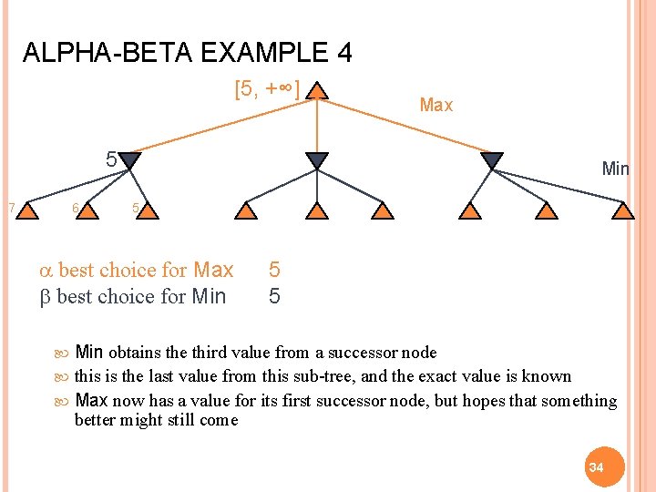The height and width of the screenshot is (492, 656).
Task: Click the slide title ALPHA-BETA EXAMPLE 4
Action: [187, 53]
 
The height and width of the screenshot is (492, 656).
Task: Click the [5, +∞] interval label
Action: [267, 91]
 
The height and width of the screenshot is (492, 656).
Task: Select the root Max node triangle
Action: [316, 91]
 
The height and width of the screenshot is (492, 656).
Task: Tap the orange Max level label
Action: [436, 106]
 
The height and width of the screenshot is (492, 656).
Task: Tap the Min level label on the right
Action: [615, 169]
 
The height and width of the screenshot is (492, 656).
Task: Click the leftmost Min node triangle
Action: [131, 161]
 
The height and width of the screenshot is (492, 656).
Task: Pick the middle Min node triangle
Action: [316, 161]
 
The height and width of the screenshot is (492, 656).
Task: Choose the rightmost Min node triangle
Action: [491, 161]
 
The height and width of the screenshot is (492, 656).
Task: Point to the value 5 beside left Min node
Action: [110, 160]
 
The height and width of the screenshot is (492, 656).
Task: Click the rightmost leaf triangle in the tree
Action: [622, 211]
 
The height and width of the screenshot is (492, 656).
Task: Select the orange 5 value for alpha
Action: [274, 271]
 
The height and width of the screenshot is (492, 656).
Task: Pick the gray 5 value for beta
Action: [274, 296]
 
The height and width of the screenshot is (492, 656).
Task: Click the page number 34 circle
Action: [596, 466]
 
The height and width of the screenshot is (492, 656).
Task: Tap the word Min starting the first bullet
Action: [89, 353]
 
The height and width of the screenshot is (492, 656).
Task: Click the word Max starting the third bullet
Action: [91, 401]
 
